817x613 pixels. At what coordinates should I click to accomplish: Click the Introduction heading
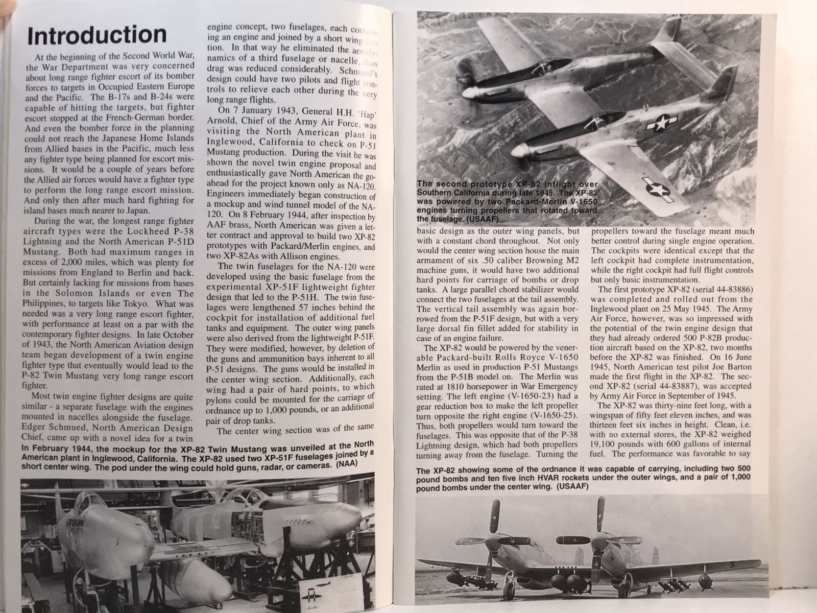coord(97,35)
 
